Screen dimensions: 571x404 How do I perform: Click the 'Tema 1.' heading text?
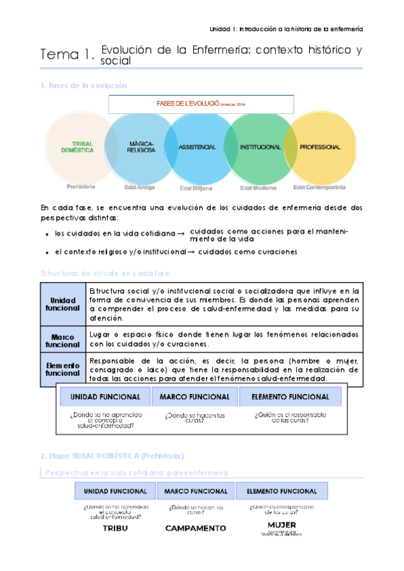67,55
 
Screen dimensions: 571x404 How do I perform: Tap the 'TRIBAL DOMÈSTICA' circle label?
82,147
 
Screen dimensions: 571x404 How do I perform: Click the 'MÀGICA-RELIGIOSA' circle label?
141,147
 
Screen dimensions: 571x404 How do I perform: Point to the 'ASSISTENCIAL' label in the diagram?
197,147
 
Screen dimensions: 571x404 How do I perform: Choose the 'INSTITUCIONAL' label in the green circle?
260,147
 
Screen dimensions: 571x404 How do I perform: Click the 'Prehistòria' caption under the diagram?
81,187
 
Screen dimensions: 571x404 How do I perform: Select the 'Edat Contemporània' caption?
320,187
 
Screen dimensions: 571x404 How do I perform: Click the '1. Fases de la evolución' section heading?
83,86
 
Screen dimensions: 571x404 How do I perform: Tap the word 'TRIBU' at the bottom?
114,528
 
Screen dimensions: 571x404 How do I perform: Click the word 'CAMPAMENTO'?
196,529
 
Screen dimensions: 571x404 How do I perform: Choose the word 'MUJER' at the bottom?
281,525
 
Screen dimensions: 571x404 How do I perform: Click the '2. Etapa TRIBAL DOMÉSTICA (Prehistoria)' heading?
112,456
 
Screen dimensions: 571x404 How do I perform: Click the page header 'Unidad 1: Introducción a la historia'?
286,29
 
